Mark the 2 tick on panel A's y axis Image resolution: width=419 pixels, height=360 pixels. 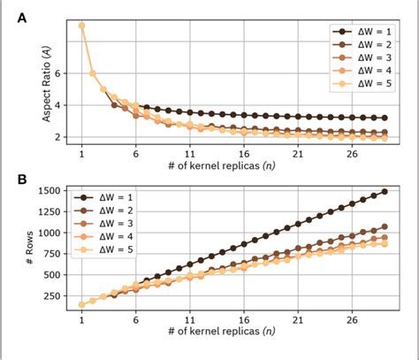click(59, 137)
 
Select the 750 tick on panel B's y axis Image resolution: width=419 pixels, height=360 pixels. click(53, 254)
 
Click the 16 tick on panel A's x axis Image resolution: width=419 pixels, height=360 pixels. click(246, 151)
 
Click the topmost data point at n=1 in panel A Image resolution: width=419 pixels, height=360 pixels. click(82, 25)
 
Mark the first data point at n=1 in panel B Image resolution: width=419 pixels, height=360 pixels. click(82, 304)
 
